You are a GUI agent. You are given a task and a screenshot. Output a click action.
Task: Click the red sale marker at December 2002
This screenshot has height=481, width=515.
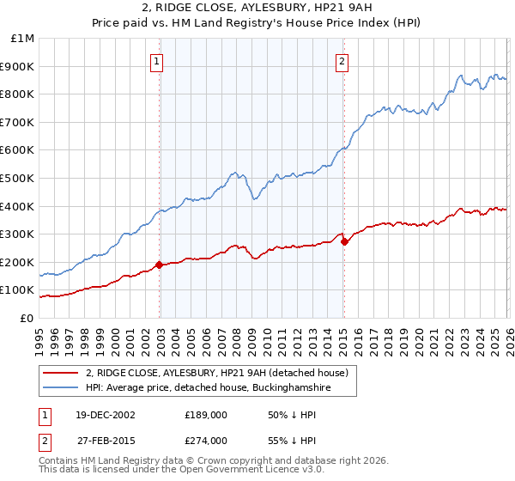click(x=160, y=265)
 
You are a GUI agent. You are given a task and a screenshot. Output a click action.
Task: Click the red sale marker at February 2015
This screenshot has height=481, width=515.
click(x=344, y=241)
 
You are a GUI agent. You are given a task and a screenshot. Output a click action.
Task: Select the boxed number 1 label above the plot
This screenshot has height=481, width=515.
click(x=159, y=61)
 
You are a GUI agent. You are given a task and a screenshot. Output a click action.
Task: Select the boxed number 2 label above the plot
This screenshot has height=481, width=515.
click(x=342, y=61)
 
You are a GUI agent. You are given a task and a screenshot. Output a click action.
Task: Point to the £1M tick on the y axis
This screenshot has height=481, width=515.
click(x=23, y=39)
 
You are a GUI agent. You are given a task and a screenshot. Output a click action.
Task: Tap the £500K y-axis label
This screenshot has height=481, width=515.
click(x=19, y=179)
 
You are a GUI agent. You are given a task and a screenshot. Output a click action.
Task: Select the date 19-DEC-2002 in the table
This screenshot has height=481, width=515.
click(x=99, y=415)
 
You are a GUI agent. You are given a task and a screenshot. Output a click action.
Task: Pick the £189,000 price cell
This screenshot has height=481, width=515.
click(x=206, y=415)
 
